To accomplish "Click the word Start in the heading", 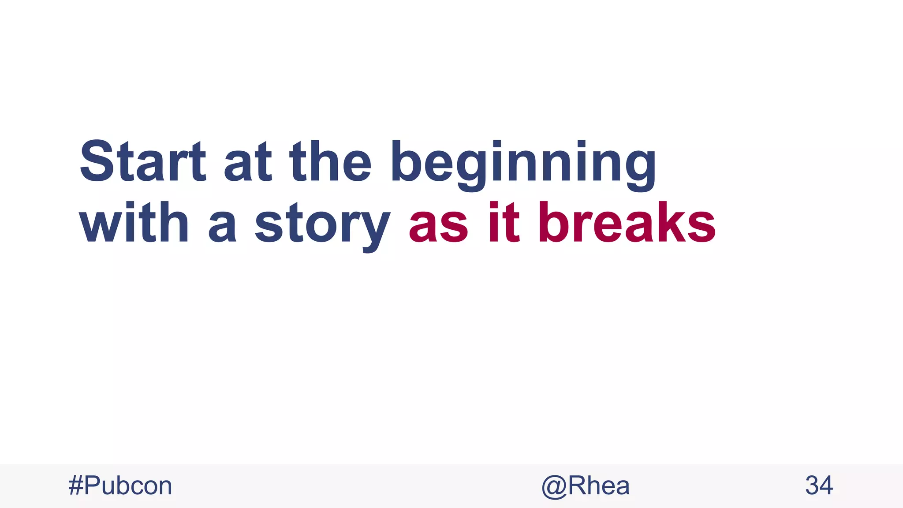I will pyautogui.click(x=142, y=161).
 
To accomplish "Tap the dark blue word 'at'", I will pyautogui.click(x=247, y=161).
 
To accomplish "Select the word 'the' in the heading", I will pyautogui.click(x=330, y=161).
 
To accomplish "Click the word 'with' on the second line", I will pyautogui.click(x=134, y=223).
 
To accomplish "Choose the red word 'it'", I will pyautogui.click(x=504, y=223).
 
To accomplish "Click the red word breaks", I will pyautogui.click(x=627, y=223).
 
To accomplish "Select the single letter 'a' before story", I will pyautogui.click(x=222, y=228).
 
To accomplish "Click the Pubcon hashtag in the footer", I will pyautogui.click(x=120, y=486).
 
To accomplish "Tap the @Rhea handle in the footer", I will pyautogui.click(x=586, y=486).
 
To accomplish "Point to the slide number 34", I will pyautogui.click(x=819, y=486).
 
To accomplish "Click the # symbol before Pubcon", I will pyautogui.click(x=76, y=486).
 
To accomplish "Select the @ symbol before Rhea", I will pyautogui.click(x=554, y=487).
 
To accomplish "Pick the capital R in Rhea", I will pyautogui.click(x=578, y=486).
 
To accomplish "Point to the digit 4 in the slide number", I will pyautogui.click(x=826, y=486).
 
